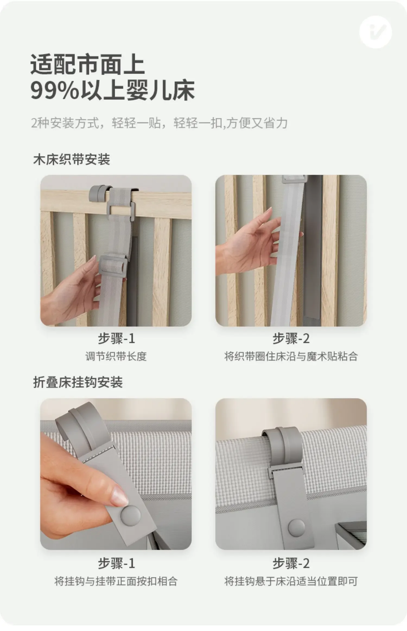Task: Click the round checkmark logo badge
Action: [x=376, y=32]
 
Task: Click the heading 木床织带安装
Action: [x=72, y=159]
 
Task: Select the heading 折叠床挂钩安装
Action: [x=78, y=382]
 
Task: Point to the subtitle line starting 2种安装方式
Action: [x=159, y=123]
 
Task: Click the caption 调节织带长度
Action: [x=116, y=356]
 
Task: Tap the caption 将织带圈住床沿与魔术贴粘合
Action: [x=291, y=356]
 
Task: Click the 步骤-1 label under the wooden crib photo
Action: [x=116, y=339]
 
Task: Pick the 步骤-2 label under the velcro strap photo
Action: [x=291, y=339]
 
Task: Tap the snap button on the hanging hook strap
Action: [x=296, y=527]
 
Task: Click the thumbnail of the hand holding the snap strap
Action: [x=116, y=474]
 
